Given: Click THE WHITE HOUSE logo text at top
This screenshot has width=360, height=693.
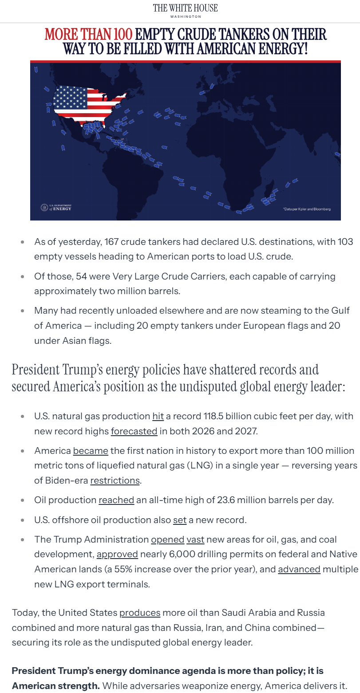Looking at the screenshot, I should point(185,8).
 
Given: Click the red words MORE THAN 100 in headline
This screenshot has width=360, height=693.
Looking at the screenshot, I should point(88,35).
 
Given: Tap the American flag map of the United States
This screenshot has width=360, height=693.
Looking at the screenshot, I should point(87,104).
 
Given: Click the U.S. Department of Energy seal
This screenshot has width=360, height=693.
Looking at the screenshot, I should point(44,207).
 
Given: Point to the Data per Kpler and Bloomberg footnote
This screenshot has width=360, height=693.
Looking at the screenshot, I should point(307,209).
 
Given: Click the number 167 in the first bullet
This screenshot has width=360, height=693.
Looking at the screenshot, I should point(111,242).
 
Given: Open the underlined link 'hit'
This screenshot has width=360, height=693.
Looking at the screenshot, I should point(158,417).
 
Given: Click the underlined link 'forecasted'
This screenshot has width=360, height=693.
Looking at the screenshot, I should point(134,431).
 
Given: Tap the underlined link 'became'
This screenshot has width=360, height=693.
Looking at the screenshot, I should point(91,451).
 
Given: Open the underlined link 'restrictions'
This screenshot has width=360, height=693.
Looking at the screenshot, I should point(115,480).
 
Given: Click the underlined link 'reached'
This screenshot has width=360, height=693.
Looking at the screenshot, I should point(116,500).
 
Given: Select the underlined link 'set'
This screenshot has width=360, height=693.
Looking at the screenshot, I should point(180,520).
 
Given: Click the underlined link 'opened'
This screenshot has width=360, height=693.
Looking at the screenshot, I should point(167,540).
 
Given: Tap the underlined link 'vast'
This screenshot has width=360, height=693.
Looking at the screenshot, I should point(195,540).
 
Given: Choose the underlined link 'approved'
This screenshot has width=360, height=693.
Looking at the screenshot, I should point(117,555).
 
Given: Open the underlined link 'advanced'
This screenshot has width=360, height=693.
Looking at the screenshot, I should point(299,569).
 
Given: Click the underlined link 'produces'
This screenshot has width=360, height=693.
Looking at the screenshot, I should point(140,613).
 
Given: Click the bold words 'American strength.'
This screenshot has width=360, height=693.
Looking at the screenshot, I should point(55,686).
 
